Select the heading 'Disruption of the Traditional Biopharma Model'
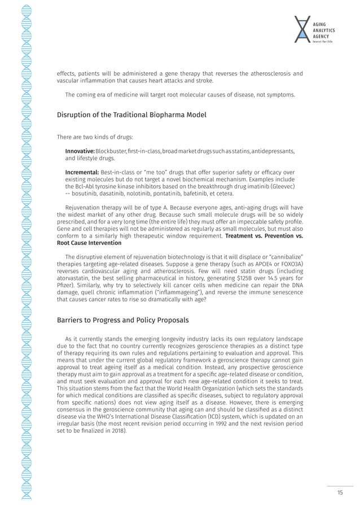click(x=131, y=115)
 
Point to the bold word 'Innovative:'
click(x=80, y=152)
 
